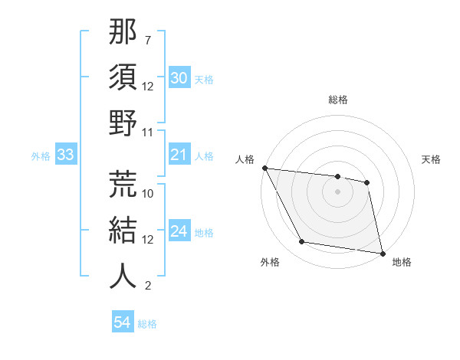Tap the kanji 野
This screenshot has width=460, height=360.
coord(123,123)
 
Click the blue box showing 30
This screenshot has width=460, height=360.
coord(179,78)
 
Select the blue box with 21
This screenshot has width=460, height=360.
coord(179,155)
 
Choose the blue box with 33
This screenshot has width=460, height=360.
coord(65,155)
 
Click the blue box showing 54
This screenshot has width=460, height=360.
coord(122,323)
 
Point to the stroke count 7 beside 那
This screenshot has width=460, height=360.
coord(147,39)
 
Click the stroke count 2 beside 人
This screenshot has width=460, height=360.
coord(147,286)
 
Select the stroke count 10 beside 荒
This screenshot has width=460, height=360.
coord(148,193)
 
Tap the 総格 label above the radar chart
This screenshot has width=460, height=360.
coord(337,100)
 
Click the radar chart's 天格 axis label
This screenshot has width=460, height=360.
coord(431,159)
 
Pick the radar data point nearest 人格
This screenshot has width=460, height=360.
coord(264,168)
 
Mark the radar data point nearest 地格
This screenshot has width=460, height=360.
coord(382,253)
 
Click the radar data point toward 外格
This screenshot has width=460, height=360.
coord(302,242)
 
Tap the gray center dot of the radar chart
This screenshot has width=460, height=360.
coord(337,191)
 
